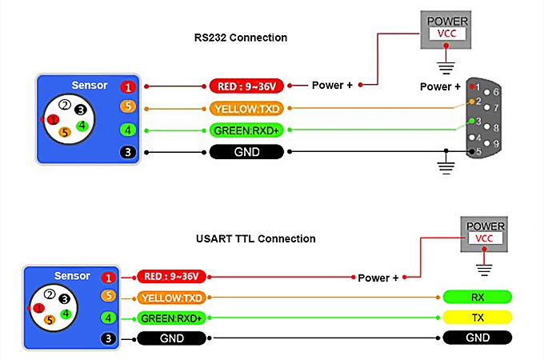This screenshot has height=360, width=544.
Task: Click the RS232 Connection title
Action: [x=241, y=38]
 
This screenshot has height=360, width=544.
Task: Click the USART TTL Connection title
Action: [x=256, y=238]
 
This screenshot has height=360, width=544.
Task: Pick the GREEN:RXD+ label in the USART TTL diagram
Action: [x=170, y=318]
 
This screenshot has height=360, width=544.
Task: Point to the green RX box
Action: [x=477, y=298]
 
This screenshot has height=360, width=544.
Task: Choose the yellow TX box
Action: [x=477, y=318]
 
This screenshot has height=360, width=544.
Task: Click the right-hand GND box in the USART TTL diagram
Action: [x=477, y=338]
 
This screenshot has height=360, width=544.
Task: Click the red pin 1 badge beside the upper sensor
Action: [x=127, y=86]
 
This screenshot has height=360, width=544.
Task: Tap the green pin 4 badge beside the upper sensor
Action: [x=127, y=130]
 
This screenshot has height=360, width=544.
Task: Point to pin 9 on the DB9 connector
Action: [x=497, y=143]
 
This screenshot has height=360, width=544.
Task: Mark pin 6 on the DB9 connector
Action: [x=497, y=92]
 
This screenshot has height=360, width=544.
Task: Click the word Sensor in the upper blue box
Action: [x=89, y=86]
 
